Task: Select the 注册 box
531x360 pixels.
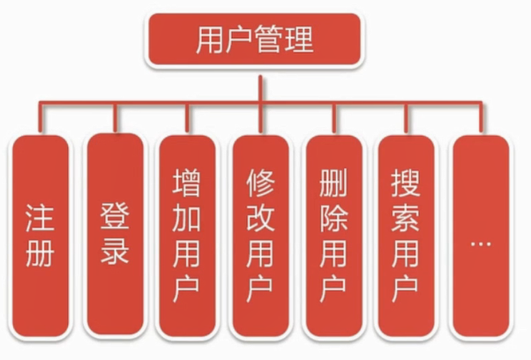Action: (41, 236)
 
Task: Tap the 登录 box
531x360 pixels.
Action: (115, 236)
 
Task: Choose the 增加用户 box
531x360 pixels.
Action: (186, 236)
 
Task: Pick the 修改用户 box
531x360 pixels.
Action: (259, 236)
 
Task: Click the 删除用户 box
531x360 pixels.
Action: (333, 236)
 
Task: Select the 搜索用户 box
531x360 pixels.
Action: (406, 236)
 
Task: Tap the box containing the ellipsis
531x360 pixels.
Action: (480, 236)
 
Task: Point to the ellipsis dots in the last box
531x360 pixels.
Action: (480, 239)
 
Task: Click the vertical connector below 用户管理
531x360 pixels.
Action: (259, 88)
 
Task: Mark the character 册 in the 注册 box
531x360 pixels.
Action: (41, 253)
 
